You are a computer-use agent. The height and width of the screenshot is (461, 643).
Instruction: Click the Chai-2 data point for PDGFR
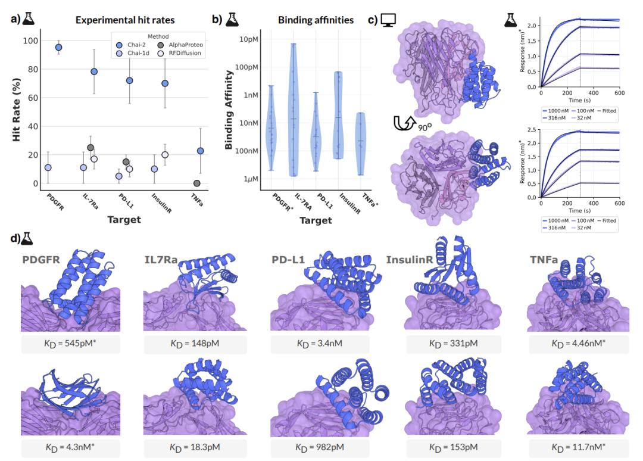(x=58, y=47)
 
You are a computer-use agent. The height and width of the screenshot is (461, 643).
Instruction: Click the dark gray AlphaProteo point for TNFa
(x=196, y=183)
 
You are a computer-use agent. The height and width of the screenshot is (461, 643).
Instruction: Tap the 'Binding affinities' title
(x=316, y=20)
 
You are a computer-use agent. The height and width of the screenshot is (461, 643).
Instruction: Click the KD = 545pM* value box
(x=70, y=345)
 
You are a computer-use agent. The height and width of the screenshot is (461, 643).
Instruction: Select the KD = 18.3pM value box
(x=193, y=447)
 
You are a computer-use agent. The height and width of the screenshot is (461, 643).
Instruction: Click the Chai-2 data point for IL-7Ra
(x=94, y=71)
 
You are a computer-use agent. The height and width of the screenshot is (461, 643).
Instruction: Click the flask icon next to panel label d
(x=27, y=239)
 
